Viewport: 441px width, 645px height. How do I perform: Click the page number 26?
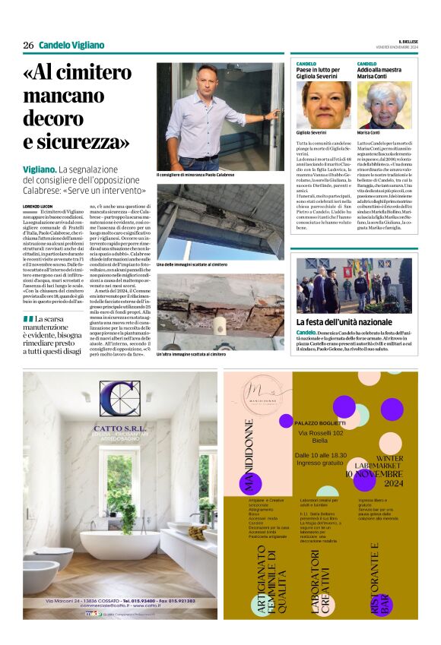(x=28, y=45)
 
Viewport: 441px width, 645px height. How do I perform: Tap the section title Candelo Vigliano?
(x=71, y=45)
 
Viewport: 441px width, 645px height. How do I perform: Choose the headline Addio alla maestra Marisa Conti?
(x=385, y=70)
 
